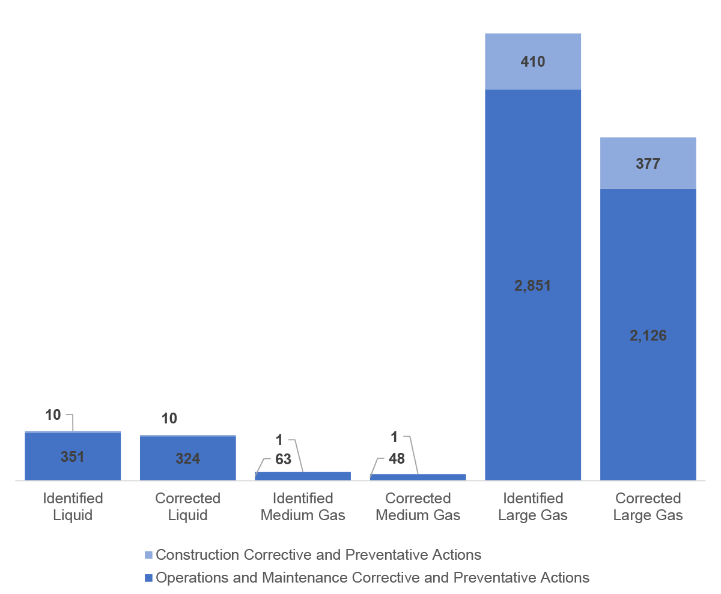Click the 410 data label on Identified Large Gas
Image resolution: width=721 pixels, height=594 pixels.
tap(533, 61)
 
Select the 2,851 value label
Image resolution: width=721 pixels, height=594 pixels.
tap(532, 286)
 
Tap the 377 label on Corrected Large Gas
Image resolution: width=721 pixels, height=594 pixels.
tap(648, 163)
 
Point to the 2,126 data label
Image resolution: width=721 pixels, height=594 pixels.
tap(648, 335)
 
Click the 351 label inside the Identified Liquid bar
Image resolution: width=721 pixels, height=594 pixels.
tap(73, 456)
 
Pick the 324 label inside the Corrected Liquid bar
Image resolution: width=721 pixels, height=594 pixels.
tap(187, 459)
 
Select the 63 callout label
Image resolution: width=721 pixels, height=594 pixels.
tap(283, 460)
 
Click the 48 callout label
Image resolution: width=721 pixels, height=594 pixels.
tap(397, 459)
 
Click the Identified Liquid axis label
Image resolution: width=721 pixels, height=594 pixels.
tap(73, 506)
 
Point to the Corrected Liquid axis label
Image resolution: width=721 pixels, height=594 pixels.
tap(187, 506)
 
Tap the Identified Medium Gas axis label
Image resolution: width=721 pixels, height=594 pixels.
tap(303, 506)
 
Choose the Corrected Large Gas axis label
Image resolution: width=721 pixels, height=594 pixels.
tap(648, 506)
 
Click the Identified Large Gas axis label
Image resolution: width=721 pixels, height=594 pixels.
tap(533, 506)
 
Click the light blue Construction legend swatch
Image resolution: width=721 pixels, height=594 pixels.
tap(149, 555)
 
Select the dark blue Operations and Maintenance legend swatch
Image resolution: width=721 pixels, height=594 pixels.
tap(149, 578)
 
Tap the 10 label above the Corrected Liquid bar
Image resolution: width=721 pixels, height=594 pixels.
tap(169, 419)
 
